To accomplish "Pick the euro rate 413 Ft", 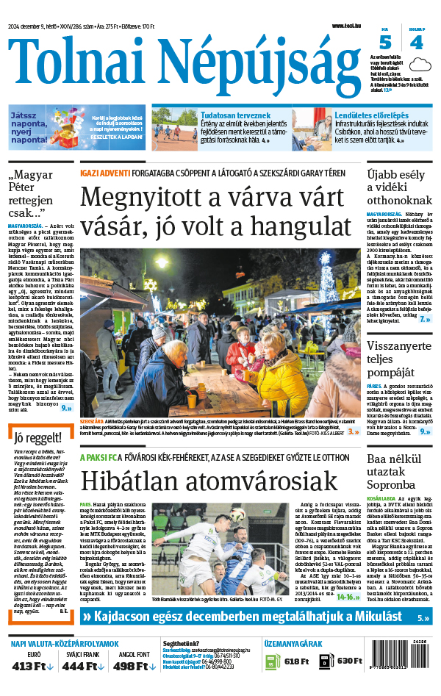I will point(33,666).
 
